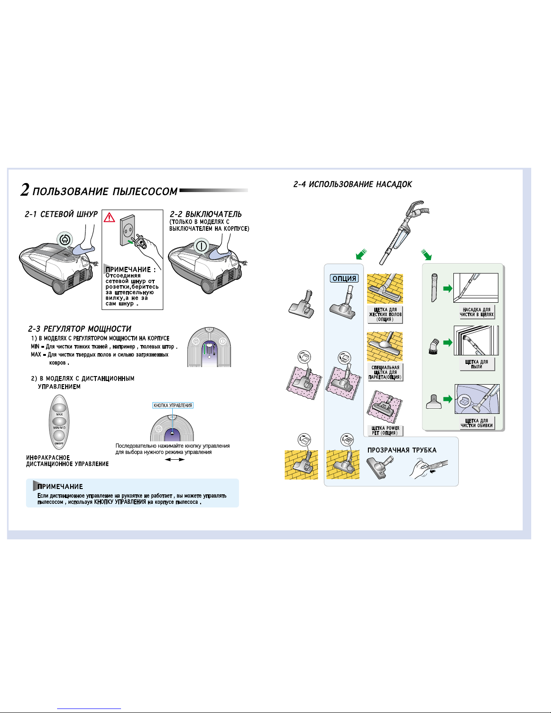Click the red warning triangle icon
[x=109, y=217]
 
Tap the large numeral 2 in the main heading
[x=25, y=190]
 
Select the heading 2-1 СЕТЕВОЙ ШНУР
[x=61, y=214]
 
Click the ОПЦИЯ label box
[x=344, y=278]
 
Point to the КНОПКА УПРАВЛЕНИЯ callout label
[x=173, y=405]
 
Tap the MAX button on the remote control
[x=59, y=408]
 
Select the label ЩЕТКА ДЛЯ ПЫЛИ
[x=476, y=364]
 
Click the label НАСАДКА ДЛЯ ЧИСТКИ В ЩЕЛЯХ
[x=476, y=312]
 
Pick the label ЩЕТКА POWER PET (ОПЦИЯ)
[x=385, y=430]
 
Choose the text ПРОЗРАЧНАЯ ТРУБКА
[x=402, y=450]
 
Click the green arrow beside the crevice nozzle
[x=448, y=288]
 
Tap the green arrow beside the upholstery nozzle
[x=448, y=399]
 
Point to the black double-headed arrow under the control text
[x=175, y=459]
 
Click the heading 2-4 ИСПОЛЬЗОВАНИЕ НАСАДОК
[x=353, y=184]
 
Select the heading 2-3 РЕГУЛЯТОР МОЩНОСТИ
[x=80, y=329]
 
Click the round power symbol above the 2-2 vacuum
[x=202, y=246]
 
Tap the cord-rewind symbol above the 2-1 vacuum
[x=65, y=239]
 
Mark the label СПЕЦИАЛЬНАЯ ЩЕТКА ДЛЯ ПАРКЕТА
[x=385, y=372]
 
